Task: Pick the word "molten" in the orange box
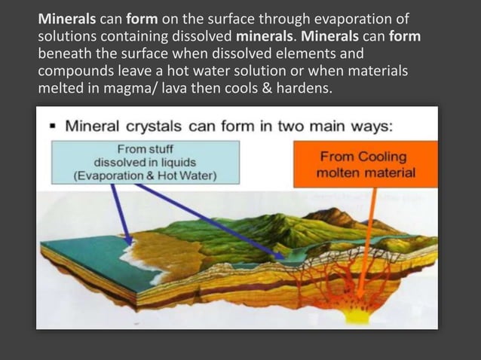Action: (337, 172)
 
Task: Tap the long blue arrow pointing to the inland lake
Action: (211, 218)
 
